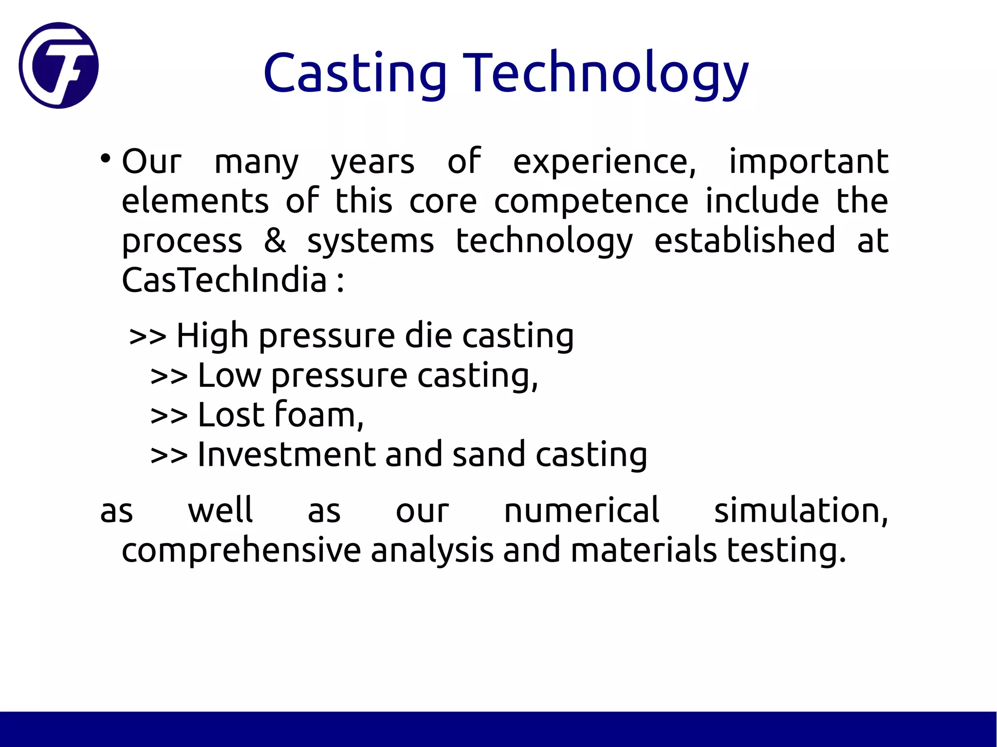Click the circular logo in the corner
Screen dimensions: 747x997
[59, 65]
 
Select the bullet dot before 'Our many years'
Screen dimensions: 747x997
[105, 159]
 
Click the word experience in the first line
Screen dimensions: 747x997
[604, 163]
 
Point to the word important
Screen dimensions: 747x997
[808, 162]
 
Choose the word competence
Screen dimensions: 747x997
[591, 201]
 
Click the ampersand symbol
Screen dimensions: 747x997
[275, 240]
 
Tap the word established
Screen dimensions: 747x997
[744, 240]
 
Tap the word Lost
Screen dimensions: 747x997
[231, 415]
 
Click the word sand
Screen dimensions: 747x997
[489, 455]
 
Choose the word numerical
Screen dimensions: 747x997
[581, 511]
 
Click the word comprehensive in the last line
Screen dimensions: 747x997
[241, 550]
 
